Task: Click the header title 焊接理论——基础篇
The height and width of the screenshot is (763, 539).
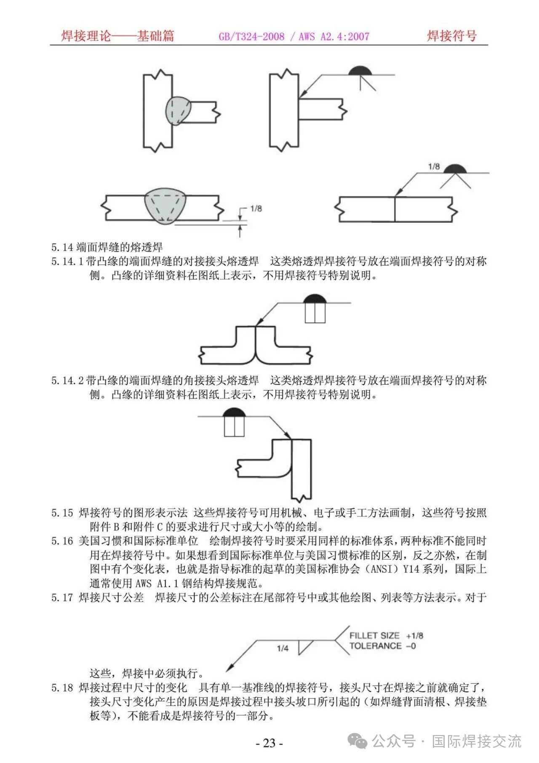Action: (x=117, y=36)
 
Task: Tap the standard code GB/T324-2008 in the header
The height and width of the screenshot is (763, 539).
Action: (x=251, y=37)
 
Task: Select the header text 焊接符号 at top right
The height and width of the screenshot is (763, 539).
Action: (x=451, y=36)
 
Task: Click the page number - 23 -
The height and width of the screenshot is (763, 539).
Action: (x=269, y=743)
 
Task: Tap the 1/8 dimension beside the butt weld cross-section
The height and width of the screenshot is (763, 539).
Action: (x=256, y=209)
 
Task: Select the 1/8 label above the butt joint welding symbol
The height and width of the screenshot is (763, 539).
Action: (x=434, y=167)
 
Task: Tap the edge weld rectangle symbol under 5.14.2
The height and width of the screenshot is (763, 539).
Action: (x=234, y=426)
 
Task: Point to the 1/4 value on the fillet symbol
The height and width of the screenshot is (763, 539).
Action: (x=283, y=648)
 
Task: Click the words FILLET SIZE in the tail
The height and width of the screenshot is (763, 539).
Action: (x=374, y=636)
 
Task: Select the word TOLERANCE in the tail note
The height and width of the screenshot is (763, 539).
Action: (x=376, y=646)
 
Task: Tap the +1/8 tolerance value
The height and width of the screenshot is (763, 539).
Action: (x=415, y=636)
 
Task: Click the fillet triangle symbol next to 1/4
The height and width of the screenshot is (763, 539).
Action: (x=304, y=647)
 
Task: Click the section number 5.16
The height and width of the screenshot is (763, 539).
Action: (x=62, y=541)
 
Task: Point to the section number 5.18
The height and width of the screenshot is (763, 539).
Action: (x=62, y=688)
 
